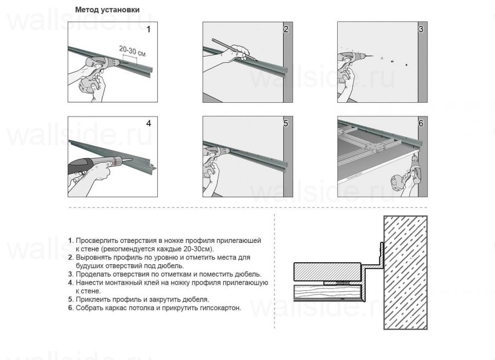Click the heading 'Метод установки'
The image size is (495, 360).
(107, 10)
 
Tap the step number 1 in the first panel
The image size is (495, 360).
(148, 29)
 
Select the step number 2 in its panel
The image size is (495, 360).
(285, 29)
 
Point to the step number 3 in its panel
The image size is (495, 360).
(421, 29)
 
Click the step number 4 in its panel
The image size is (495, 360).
(148, 123)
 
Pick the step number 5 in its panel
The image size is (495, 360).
(285, 123)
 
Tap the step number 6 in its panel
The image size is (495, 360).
(421, 123)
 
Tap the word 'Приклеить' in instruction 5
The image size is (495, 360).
(91, 300)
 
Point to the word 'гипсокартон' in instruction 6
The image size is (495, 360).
(220, 308)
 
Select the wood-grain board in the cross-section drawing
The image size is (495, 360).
(324, 292)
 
